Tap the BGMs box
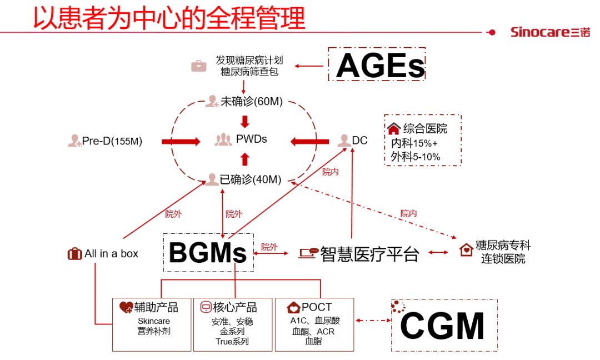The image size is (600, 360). [208, 253]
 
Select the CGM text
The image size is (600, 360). [442, 326]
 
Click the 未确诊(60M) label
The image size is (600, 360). [252, 101]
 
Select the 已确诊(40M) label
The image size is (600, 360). [251, 179]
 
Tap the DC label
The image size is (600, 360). [359, 141]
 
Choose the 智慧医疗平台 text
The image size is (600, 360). [369, 254]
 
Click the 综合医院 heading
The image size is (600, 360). [425, 129]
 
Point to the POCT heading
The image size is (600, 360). [316, 307]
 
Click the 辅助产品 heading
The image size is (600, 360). [156, 307]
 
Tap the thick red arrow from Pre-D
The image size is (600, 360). [181, 142]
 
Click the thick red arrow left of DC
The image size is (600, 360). [309, 142]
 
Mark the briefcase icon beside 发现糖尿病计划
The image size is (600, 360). [198, 66]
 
